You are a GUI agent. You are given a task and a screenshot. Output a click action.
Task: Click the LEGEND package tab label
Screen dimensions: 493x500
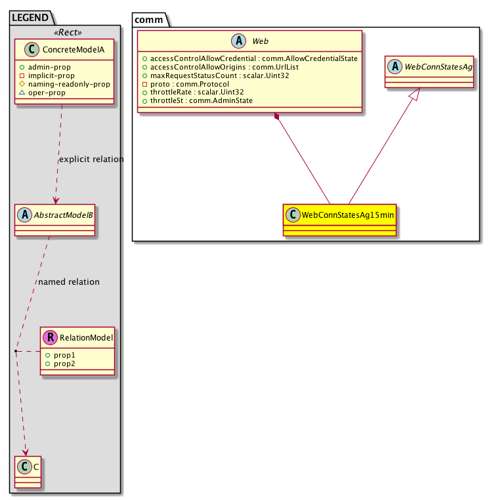tap(30, 18)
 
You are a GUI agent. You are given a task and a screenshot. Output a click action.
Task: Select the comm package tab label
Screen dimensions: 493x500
tap(149, 20)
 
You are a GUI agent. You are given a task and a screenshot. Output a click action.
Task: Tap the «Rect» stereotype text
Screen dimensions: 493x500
tap(68, 32)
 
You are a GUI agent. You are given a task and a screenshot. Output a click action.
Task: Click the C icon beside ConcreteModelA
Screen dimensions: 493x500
tap(32, 49)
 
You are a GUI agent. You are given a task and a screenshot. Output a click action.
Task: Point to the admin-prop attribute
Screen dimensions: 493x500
tap(49, 67)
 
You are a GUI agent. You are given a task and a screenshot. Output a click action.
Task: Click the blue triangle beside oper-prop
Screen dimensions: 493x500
tap(22, 93)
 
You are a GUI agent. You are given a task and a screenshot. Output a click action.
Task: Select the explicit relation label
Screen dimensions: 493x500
tap(91, 159)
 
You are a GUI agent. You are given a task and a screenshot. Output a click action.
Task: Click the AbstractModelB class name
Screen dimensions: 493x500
tap(64, 215)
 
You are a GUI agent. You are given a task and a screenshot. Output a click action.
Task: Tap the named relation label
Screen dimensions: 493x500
tap(69, 282)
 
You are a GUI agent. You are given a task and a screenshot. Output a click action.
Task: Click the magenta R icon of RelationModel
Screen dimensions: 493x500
tap(50, 337)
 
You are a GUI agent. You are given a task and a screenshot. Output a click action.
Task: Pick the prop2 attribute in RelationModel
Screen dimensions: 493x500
tap(64, 364)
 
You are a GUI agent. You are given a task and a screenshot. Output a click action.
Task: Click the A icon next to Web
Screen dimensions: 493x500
tap(239, 41)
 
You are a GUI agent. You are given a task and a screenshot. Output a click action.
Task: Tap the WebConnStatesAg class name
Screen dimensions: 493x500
tap(438, 67)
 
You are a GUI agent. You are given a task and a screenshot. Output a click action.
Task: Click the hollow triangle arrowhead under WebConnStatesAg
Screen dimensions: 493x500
tap(414, 94)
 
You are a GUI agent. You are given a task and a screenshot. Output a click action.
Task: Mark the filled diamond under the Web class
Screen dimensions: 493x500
tap(276, 116)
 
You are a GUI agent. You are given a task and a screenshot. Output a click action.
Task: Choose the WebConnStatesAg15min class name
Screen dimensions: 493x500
tap(348, 215)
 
